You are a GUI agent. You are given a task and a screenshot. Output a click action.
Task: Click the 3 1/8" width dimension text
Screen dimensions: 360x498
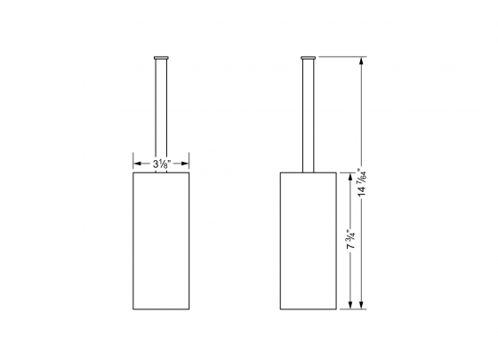pos(160,164)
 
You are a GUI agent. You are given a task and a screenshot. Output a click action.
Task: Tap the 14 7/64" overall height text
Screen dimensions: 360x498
pos(360,182)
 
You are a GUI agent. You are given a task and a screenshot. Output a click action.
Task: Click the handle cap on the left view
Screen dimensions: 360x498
pos(160,57)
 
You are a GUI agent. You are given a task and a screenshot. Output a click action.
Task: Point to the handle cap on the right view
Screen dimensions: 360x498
pos(308,57)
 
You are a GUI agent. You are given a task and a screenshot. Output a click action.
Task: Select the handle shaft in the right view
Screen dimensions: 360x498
pos(308,111)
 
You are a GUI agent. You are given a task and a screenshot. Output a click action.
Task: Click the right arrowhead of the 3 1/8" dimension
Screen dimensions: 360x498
pos(184,164)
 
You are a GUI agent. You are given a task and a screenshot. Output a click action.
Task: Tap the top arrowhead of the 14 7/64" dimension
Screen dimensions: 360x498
pos(360,60)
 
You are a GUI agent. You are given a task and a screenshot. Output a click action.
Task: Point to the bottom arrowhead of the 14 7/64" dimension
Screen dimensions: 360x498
pos(360,306)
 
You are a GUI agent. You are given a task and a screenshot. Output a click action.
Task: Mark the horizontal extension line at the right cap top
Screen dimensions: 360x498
pos(342,55)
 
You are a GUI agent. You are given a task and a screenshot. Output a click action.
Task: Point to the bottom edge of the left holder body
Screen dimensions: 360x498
pos(160,309)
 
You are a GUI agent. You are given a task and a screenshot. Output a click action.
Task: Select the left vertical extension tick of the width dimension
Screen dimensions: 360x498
pos(133,164)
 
